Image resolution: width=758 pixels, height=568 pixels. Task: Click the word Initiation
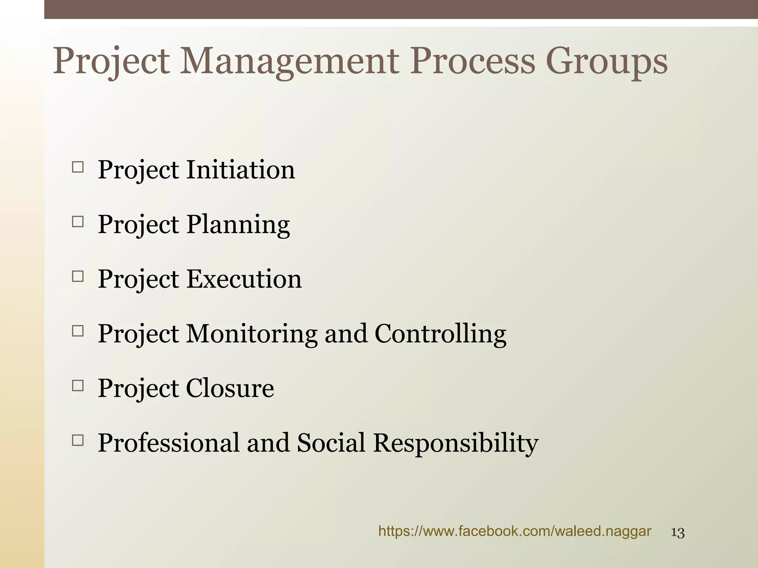(240, 170)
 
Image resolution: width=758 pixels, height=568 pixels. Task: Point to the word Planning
(238, 225)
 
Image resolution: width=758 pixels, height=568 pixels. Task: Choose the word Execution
(244, 279)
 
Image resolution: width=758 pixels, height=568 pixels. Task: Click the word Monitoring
(252, 334)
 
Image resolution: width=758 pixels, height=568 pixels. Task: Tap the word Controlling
(440, 334)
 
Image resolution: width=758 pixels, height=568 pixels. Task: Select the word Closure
(230, 388)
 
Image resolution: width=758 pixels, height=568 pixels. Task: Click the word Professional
(168, 443)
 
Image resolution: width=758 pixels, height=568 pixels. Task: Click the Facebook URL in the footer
(514, 532)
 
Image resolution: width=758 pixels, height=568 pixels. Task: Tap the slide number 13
(678, 533)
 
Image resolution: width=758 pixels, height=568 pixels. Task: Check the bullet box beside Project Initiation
(78, 168)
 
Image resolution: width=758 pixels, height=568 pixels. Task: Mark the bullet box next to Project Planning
(78, 222)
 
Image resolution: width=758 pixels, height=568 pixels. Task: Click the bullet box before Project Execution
(78, 277)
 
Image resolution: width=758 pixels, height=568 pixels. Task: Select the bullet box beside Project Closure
(78, 386)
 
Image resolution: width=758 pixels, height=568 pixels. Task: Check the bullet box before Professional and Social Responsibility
(78, 440)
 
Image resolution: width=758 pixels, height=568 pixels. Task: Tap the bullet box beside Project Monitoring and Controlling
(78, 331)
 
